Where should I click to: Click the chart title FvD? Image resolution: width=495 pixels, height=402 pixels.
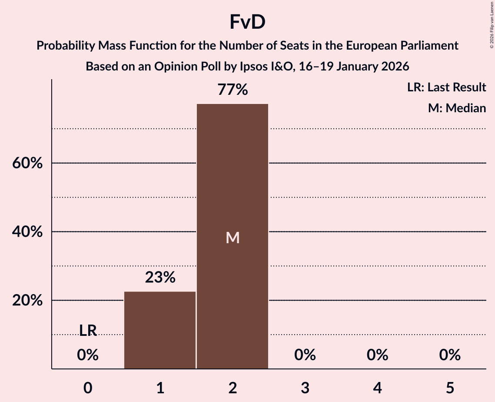click(247, 23)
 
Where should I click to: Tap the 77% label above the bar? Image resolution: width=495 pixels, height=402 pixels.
click(233, 90)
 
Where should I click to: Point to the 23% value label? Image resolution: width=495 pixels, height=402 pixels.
click(160, 277)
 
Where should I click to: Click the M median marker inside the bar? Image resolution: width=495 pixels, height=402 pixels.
click(233, 238)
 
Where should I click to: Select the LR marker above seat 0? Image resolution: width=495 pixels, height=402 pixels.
click(88, 331)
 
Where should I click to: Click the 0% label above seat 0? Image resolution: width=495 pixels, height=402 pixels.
click(88, 355)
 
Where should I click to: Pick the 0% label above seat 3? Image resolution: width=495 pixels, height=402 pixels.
click(305, 355)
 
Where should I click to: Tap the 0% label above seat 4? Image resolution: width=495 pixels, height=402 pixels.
click(377, 355)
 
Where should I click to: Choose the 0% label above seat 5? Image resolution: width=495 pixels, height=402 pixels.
click(449, 355)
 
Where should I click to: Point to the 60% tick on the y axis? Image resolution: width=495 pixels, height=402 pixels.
click(27, 164)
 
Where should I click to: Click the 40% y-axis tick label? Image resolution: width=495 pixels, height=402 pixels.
click(27, 232)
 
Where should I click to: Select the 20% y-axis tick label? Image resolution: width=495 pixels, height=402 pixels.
click(27, 301)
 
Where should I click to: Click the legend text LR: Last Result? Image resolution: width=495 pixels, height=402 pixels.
click(446, 87)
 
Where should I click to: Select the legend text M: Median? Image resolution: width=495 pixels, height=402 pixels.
click(456, 108)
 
